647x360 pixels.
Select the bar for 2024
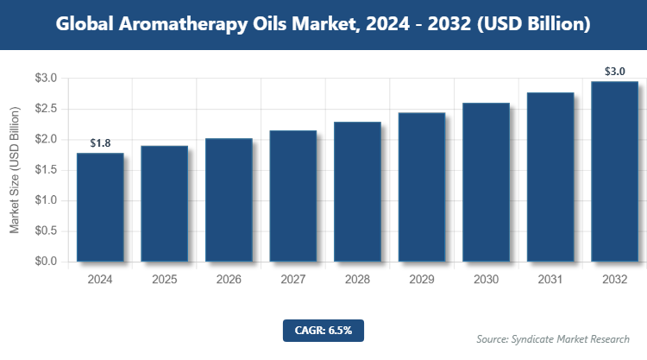(x=100, y=207)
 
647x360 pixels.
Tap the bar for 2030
(x=486, y=182)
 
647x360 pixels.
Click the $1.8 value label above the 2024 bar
(x=100, y=142)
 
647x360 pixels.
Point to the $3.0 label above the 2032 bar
(x=615, y=72)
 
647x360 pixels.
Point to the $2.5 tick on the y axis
(x=46, y=109)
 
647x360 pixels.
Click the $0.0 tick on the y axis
(x=46, y=262)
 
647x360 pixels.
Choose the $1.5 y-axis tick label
(x=46, y=170)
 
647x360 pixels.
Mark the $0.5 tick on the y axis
(x=46, y=231)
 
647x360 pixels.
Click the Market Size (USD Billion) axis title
(x=15, y=170)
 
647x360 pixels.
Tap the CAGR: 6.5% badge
(x=323, y=330)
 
